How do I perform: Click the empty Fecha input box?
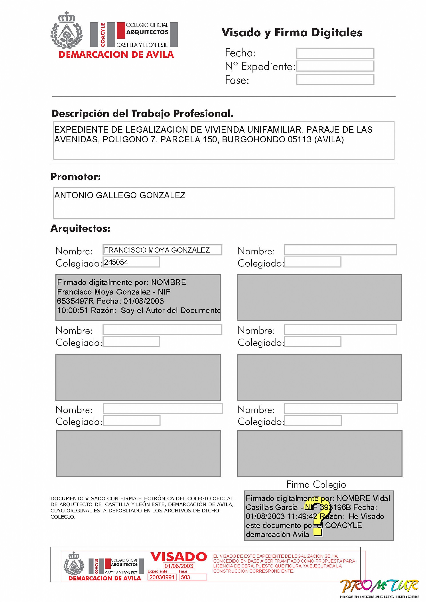point(335,53)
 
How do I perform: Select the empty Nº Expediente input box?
point(335,66)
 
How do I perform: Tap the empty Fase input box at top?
point(335,79)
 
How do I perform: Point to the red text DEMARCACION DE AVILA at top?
point(116,55)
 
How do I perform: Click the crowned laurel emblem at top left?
point(67,31)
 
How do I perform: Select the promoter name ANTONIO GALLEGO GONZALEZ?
point(120,195)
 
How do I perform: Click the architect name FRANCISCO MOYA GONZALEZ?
point(157,250)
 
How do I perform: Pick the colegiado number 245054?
point(116,262)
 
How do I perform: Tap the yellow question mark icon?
point(316,520)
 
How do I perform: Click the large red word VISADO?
point(179,557)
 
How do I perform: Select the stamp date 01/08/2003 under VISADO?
point(179,566)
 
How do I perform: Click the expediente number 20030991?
point(162,577)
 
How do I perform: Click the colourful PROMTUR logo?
point(379,586)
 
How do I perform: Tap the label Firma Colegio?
point(316,484)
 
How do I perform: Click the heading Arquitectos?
point(80,228)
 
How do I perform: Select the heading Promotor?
point(75,177)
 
